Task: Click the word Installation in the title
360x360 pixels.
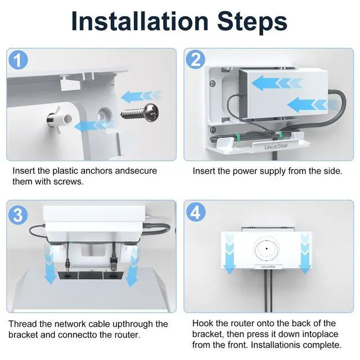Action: pyautogui.click(x=140, y=21)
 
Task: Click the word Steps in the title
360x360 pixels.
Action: pyautogui.click(x=253, y=22)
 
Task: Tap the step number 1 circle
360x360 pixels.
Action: pyautogui.click(x=18, y=60)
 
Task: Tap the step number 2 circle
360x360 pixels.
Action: pyautogui.click(x=196, y=60)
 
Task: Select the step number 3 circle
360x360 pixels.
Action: pyautogui.click(x=18, y=215)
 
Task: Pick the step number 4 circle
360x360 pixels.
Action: pyautogui.click(x=196, y=212)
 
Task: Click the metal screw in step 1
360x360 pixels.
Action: pyautogui.click(x=140, y=112)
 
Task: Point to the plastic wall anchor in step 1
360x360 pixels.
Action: pyautogui.click(x=58, y=119)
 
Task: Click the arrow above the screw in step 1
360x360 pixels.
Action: pyautogui.click(x=141, y=96)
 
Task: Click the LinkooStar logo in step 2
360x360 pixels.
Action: pyautogui.click(x=276, y=146)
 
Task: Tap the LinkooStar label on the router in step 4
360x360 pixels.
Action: pyautogui.click(x=268, y=267)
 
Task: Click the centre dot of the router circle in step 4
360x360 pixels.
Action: pyautogui.click(x=267, y=249)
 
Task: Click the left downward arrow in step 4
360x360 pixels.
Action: pyautogui.click(x=229, y=253)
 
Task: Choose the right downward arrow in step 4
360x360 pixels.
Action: pyautogui.click(x=305, y=253)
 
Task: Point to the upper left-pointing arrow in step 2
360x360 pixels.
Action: pyautogui.click(x=277, y=83)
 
